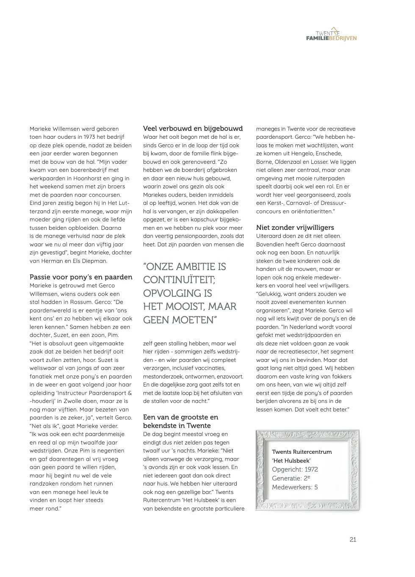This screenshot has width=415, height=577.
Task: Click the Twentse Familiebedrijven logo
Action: click(331, 36)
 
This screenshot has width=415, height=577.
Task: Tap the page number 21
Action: click(353, 540)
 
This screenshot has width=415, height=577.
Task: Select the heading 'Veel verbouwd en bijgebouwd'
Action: click(193, 128)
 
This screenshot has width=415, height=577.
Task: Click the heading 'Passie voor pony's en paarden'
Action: click(81, 277)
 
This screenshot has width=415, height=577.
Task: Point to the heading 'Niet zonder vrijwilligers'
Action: click(295, 227)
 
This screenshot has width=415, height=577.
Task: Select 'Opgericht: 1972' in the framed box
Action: click(295, 469)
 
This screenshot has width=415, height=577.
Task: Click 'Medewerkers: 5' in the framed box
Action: click(295, 487)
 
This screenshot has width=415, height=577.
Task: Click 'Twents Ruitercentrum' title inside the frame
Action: click(302, 452)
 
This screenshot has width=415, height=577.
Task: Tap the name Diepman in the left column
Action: click(95, 261)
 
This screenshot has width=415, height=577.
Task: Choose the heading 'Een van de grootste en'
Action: click(180, 417)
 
